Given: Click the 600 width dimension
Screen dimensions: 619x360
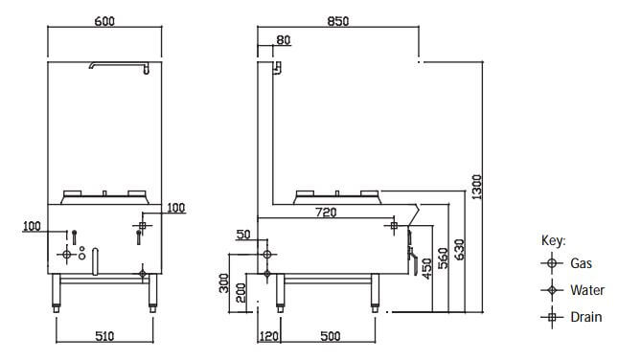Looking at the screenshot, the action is pyautogui.click(x=104, y=21).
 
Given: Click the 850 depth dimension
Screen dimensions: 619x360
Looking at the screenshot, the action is pyautogui.click(x=338, y=21).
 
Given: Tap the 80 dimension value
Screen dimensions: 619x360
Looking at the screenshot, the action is pyautogui.click(x=283, y=40).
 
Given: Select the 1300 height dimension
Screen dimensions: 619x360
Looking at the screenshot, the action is pyautogui.click(x=477, y=187).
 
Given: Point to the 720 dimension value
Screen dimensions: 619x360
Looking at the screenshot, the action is pyautogui.click(x=327, y=213).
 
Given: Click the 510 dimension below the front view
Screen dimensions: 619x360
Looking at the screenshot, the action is pyautogui.click(x=104, y=336).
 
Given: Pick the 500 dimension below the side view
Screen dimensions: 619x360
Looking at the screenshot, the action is pyautogui.click(x=331, y=336).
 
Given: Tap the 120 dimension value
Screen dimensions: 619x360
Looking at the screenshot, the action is pyautogui.click(x=269, y=336).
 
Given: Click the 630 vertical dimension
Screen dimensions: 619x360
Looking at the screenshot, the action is pyautogui.click(x=460, y=249).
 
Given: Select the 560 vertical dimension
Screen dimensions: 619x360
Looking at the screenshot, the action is pyautogui.click(x=444, y=259).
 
